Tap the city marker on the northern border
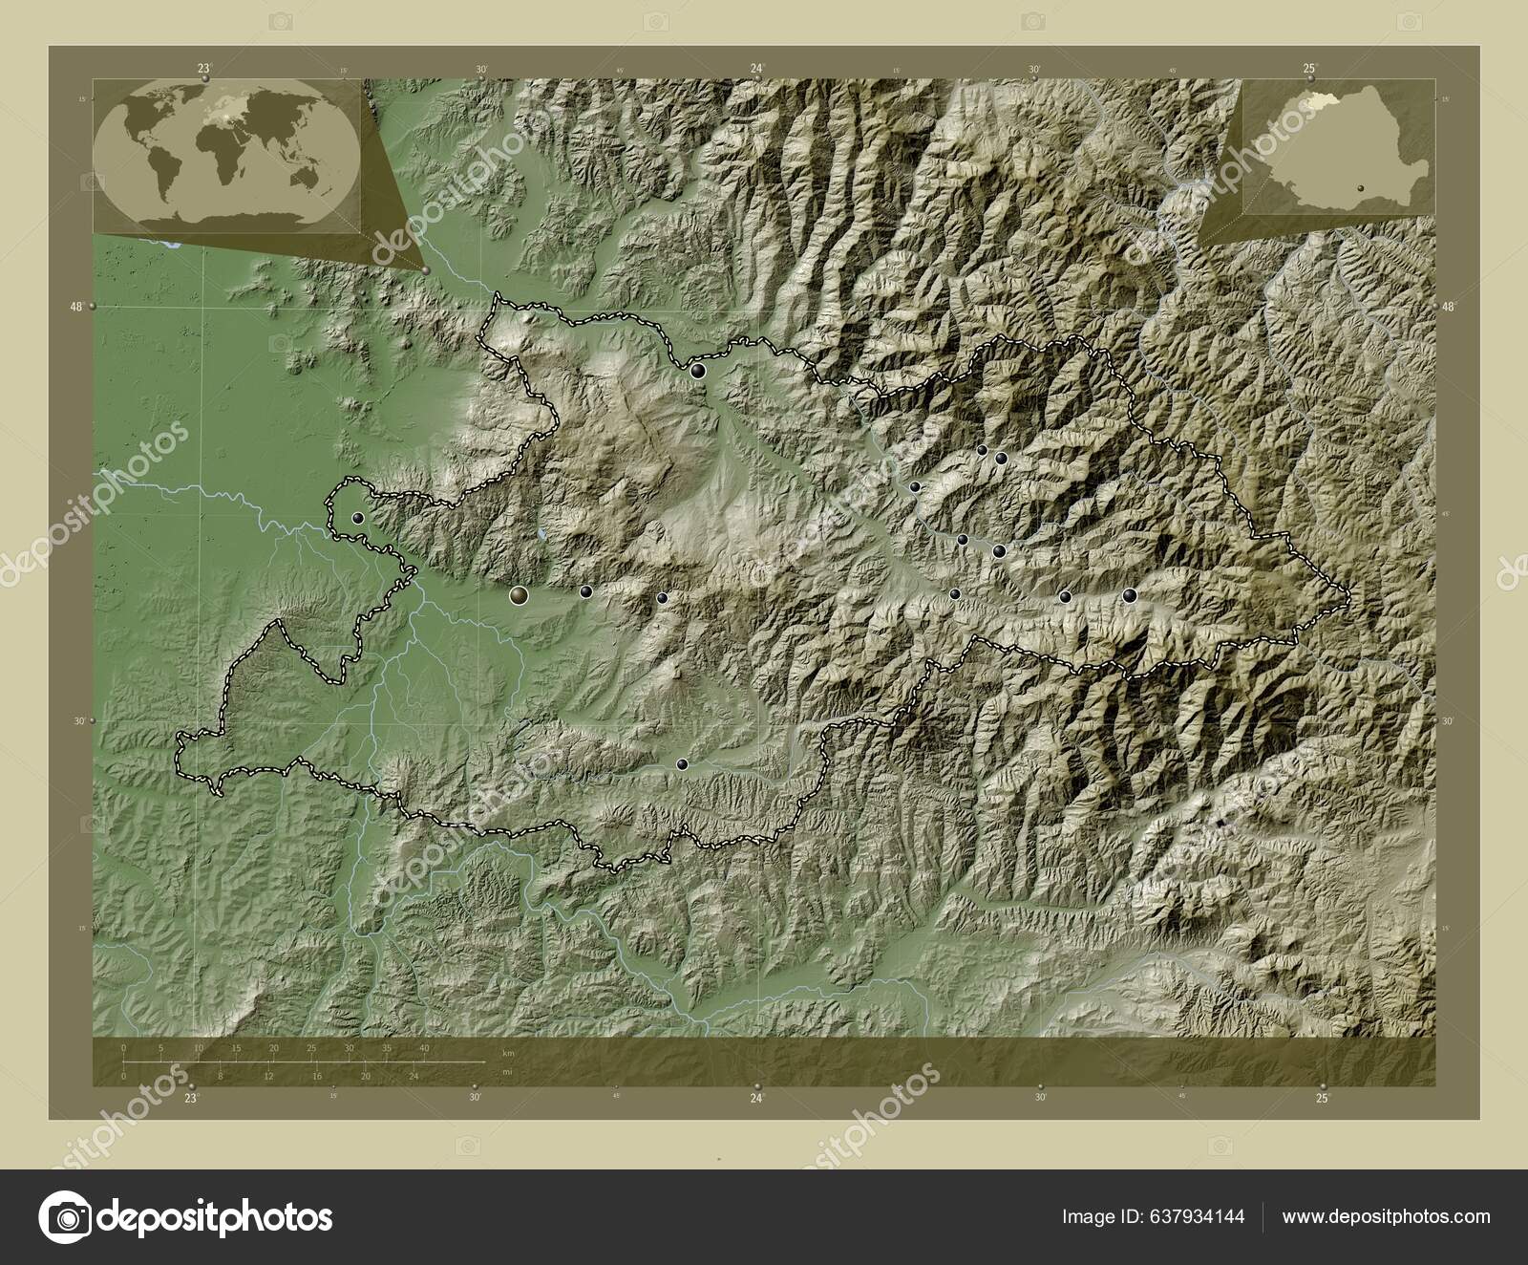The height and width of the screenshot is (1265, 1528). coord(700,371)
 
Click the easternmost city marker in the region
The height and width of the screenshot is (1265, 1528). coord(1130,595)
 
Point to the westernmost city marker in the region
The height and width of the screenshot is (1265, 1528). coord(358,518)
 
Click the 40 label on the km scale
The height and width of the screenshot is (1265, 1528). coord(424,1048)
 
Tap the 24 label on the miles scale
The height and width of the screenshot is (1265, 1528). coord(414,1076)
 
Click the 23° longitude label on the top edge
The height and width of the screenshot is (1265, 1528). coord(203,68)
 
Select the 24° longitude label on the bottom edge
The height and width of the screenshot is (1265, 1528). coord(757,1099)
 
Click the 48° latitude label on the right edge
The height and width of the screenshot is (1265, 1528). coord(1450,307)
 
